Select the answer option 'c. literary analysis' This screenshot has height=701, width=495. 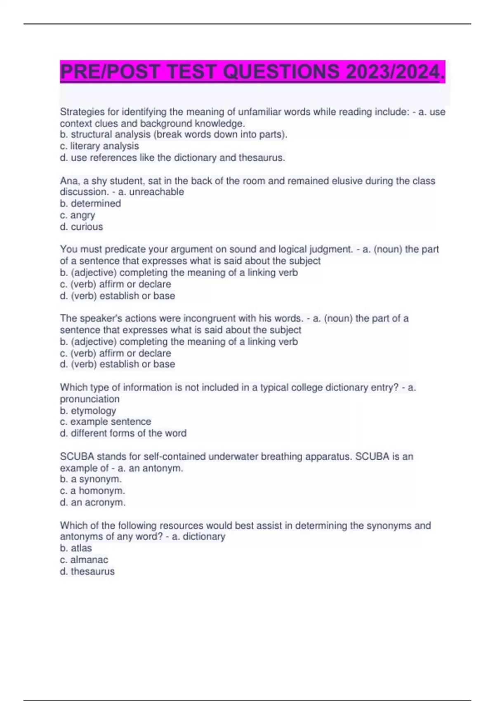(99, 146)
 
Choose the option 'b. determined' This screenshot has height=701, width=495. (90, 203)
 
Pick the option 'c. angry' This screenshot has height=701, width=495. (78, 215)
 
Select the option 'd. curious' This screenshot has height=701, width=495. (81, 227)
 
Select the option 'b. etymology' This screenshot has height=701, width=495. (88, 411)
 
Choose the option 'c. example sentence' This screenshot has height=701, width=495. (106, 421)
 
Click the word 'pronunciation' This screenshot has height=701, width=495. (90, 399)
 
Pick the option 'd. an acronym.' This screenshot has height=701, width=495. (93, 502)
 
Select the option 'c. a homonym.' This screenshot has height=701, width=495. (92, 491)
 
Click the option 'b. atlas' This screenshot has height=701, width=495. (76, 548)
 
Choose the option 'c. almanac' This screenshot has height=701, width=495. (84, 560)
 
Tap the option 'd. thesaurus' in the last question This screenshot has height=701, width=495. (87, 571)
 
